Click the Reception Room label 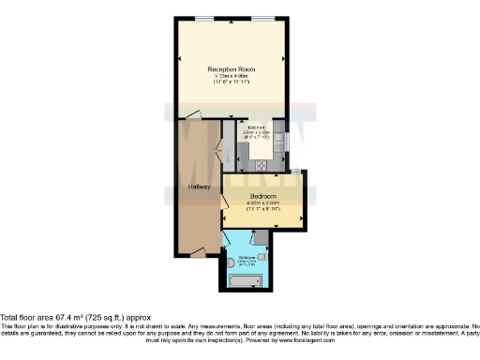[x=232, y=69]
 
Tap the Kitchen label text [x=256, y=127]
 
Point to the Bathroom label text [x=248, y=256]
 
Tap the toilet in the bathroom [x=229, y=263]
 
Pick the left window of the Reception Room [x=203, y=20]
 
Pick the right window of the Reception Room [x=265, y=20]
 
